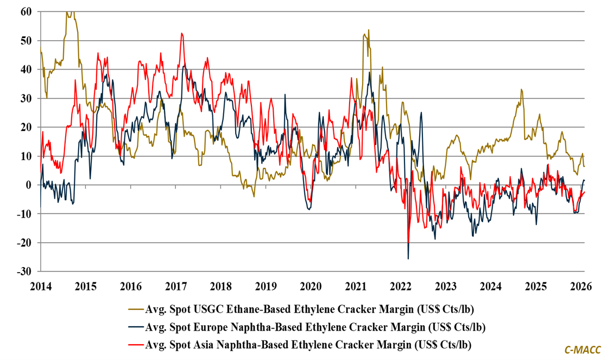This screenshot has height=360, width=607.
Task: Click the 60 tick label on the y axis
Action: pos(25,11)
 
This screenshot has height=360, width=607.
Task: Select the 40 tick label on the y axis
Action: pos(25,69)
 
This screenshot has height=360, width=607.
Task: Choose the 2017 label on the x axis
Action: pos(175,286)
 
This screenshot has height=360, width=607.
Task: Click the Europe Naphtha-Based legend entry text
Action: pos(315,327)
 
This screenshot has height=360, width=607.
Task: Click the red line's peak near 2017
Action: pos(182,34)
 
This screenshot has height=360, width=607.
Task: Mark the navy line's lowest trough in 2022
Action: pos(408,258)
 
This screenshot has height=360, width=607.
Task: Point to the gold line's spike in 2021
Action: pos(368,30)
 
